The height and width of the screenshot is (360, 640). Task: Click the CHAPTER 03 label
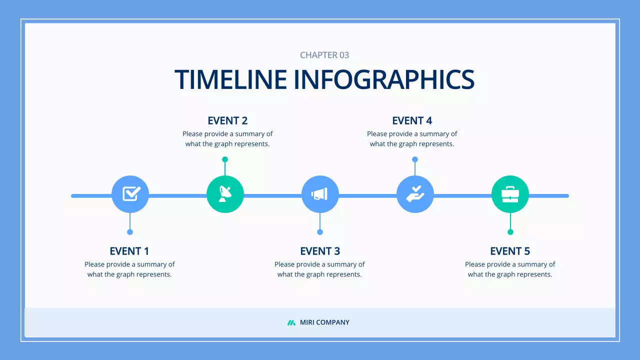click(324, 55)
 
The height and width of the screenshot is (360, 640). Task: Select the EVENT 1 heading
click(129, 251)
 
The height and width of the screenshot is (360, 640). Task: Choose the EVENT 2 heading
click(227, 120)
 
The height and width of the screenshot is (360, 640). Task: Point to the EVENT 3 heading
click(320, 251)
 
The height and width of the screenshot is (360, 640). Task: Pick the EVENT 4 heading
click(412, 120)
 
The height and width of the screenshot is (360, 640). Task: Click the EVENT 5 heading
click(510, 251)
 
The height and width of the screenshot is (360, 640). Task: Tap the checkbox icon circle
click(130, 194)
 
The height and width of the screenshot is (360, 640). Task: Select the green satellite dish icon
click(225, 194)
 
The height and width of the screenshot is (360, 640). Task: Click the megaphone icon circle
click(320, 194)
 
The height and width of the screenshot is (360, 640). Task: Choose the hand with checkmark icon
click(415, 194)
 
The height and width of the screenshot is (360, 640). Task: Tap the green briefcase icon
click(510, 194)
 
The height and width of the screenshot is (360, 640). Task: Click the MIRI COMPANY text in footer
click(324, 322)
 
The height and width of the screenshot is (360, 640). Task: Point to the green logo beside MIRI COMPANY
click(291, 322)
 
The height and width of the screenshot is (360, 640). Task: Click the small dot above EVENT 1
click(130, 232)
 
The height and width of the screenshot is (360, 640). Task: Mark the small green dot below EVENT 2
click(225, 159)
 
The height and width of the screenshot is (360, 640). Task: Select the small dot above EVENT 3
click(320, 232)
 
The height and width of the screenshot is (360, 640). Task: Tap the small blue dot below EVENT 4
click(415, 159)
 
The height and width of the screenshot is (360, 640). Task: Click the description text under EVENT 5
click(510, 269)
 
